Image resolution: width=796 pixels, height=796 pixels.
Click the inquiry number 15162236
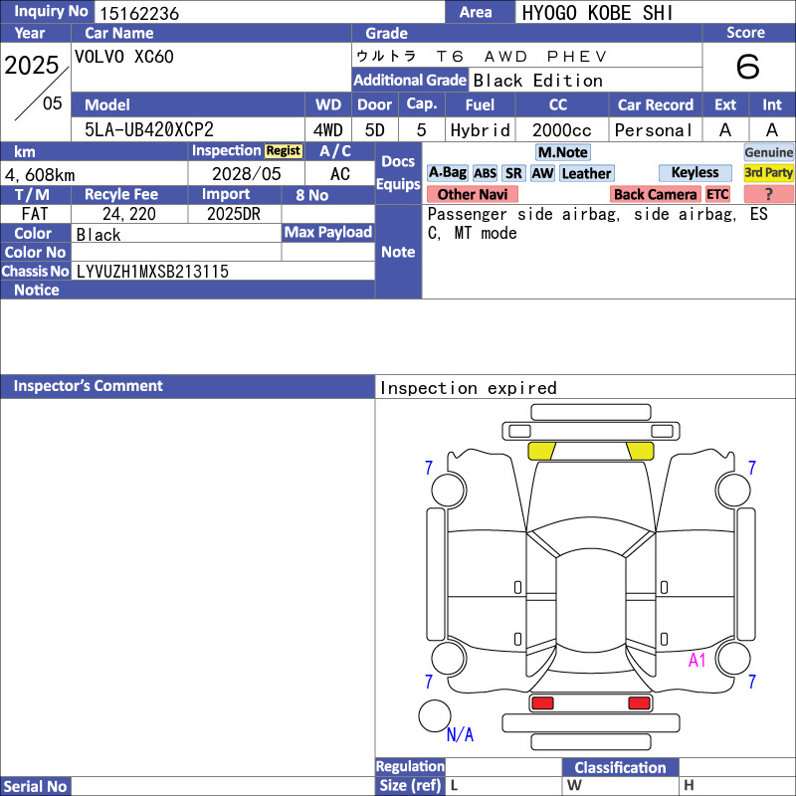click(139, 13)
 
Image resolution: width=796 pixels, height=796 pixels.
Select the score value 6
click(748, 67)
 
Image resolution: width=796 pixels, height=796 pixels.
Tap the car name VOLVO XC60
click(123, 57)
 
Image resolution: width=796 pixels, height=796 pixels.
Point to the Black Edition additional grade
click(537, 81)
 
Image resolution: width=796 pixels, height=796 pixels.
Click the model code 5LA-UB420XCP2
click(148, 129)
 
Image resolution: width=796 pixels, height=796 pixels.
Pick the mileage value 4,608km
click(40, 175)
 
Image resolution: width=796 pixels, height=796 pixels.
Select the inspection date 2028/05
click(246, 174)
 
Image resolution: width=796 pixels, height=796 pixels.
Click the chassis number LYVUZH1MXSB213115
click(152, 272)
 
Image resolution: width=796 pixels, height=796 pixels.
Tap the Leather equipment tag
click(587, 173)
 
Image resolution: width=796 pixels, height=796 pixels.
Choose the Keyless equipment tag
click(695, 172)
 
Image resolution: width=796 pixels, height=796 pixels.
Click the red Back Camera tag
click(655, 194)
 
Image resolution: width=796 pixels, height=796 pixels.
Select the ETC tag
click(717, 194)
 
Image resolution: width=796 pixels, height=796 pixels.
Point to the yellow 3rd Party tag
click(768, 172)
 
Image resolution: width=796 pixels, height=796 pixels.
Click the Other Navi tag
click(472, 194)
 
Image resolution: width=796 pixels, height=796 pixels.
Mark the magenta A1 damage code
click(697, 660)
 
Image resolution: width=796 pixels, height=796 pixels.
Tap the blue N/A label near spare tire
click(460, 734)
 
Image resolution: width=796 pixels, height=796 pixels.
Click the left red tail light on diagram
click(542, 703)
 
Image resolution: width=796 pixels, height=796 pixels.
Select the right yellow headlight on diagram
click(640, 451)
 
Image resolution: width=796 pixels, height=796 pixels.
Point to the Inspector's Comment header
click(89, 386)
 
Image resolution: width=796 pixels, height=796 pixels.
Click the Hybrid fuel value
click(480, 130)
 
